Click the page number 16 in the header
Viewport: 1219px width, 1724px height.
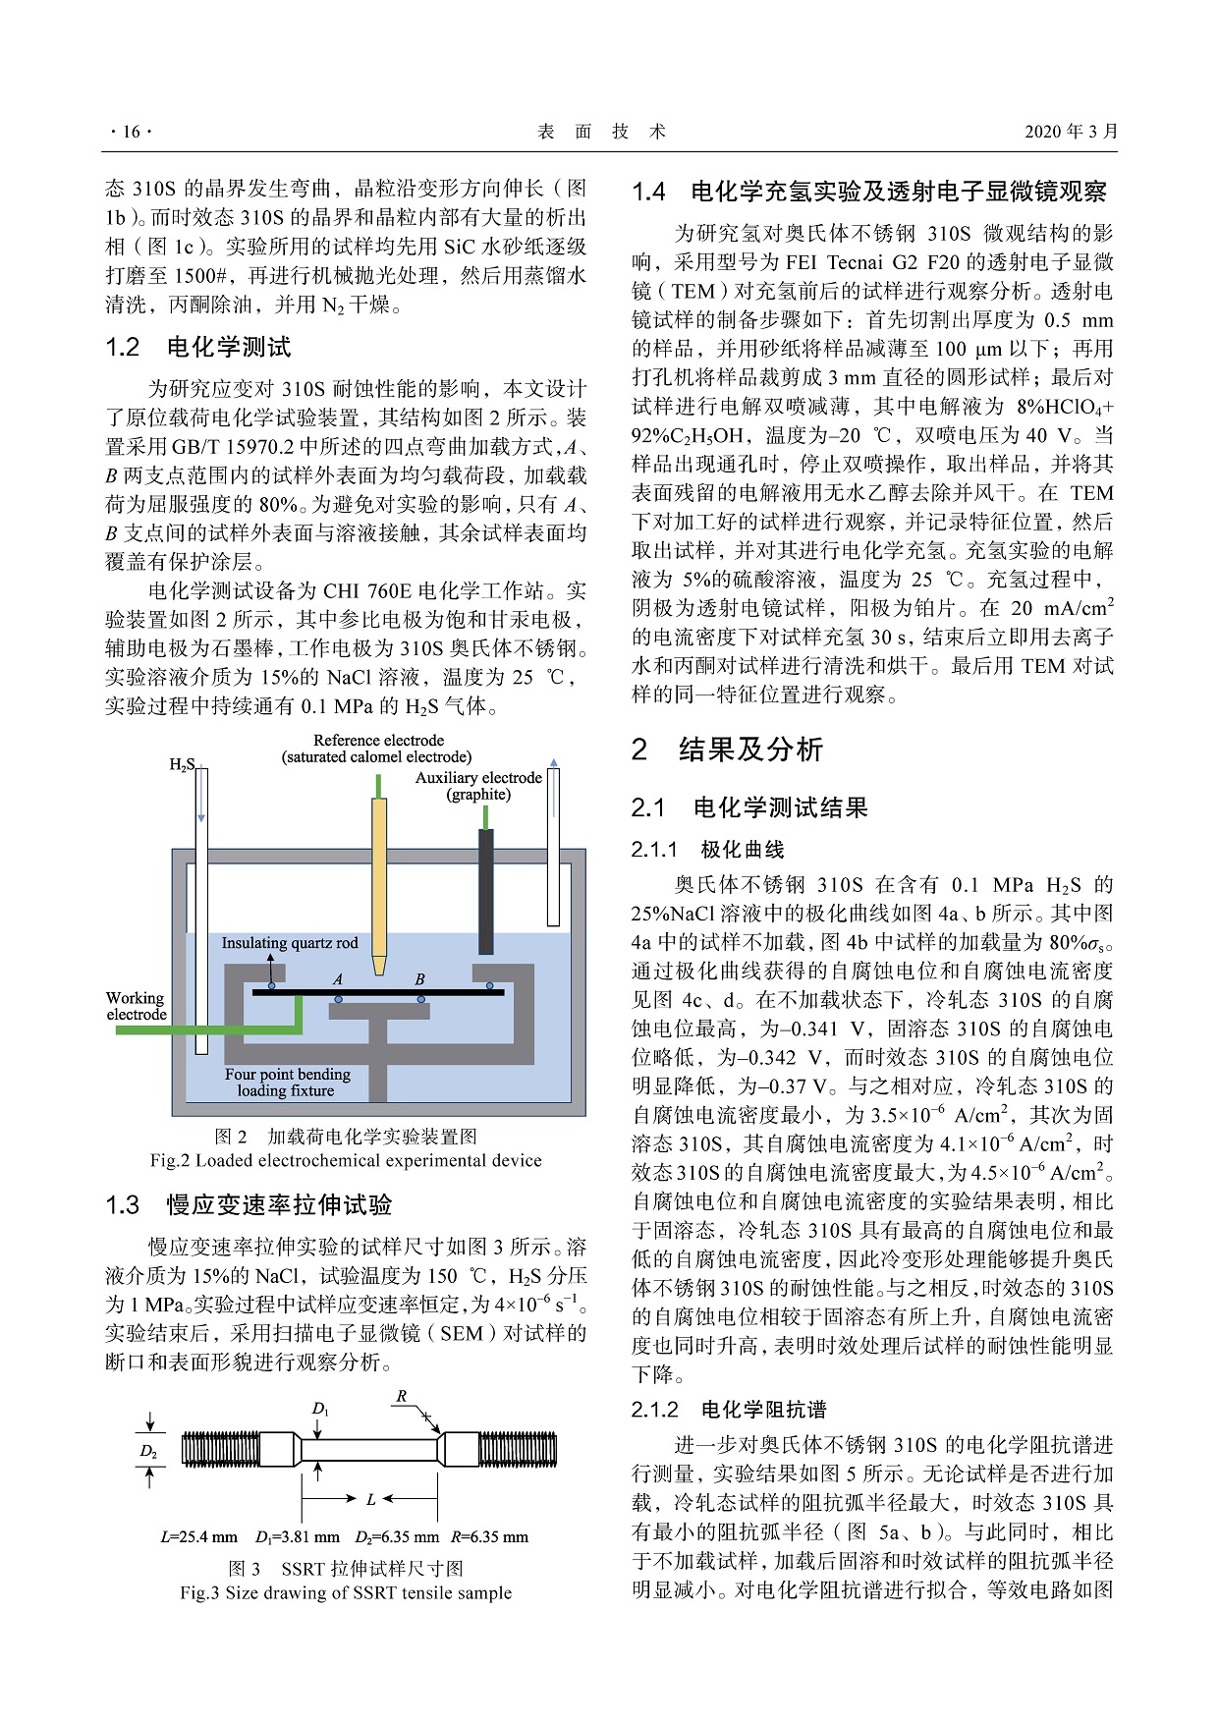[x=131, y=132]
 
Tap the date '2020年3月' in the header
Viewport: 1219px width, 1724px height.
[x=1071, y=132]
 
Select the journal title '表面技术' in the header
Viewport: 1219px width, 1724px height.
[x=602, y=132]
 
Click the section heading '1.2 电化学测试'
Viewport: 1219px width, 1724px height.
[x=198, y=347]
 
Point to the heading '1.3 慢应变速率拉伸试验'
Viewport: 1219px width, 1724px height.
[x=249, y=1204]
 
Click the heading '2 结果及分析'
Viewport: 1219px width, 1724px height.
[x=727, y=750]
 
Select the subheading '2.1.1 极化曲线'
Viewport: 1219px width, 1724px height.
[x=707, y=850]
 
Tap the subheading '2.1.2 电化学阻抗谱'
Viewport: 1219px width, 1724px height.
[x=729, y=1410]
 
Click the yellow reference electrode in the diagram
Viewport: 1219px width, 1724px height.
[x=379, y=874]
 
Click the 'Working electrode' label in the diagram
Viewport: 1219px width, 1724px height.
[x=136, y=1006]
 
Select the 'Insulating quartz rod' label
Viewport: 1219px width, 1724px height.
[x=290, y=943]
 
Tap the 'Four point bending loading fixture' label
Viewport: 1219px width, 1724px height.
[x=287, y=1082]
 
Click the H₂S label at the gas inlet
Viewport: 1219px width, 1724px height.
[x=182, y=765]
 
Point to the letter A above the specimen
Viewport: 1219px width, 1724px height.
[x=338, y=979]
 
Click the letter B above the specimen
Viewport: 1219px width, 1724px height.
[x=420, y=979]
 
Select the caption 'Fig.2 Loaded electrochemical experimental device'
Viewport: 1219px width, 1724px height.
[x=346, y=1160]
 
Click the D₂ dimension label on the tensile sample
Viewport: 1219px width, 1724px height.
[x=148, y=1451]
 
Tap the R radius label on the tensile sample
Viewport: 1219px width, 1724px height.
[x=401, y=1396]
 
